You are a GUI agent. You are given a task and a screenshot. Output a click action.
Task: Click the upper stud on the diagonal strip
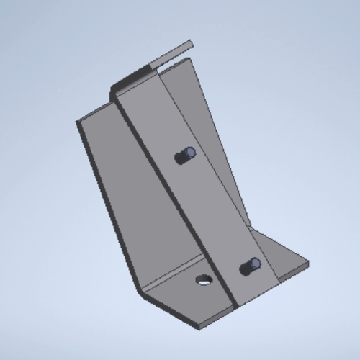point(186,155)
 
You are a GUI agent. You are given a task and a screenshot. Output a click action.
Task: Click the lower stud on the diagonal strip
point(251,266)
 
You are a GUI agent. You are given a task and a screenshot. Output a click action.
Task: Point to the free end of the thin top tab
point(190,44)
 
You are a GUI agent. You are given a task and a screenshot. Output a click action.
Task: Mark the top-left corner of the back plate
point(77,122)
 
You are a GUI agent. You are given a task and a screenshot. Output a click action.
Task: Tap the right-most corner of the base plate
point(310,264)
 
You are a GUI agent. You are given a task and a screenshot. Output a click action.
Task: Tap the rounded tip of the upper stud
point(190,152)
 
